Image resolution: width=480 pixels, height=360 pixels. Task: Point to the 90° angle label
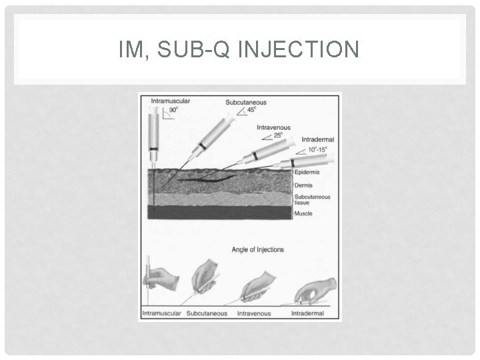(x=173, y=109)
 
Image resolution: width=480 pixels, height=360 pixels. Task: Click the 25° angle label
(x=278, y=135)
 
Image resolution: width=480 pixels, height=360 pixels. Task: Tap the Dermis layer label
(x=304, y=186)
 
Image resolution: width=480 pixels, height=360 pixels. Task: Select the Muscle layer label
(x=303, y=214)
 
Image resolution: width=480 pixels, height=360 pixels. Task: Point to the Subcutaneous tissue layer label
(x=312, y=200)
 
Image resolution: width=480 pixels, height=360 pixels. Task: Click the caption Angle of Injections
(x=257, y=250)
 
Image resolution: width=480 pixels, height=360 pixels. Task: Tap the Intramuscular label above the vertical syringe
(x=170, y=101)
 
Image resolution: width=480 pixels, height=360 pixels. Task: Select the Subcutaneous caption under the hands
(x=207, y=313)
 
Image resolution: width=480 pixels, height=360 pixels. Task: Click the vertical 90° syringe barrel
(x=153, y=133)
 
